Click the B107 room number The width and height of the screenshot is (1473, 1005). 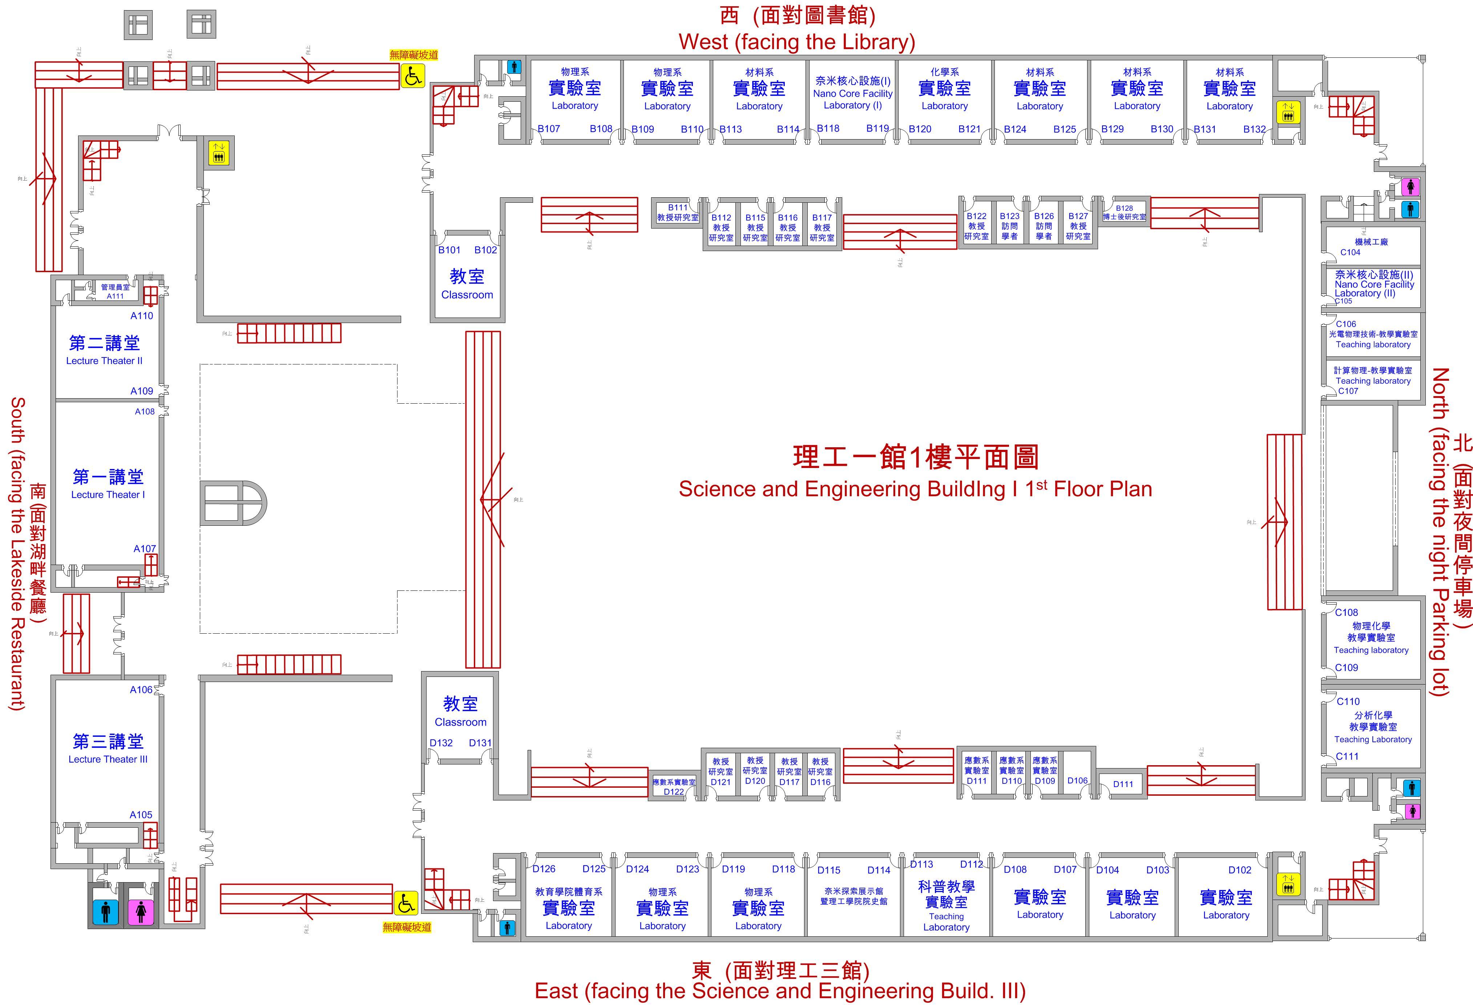click(x=549, y=129)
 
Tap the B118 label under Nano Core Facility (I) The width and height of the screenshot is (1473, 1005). click(x=828, y=128)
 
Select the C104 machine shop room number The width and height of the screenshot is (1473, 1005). click(x=1350, y=252)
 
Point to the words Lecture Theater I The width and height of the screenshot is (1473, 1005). click(x=108, y=495)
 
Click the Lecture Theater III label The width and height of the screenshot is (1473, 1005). click(x=108, y=759)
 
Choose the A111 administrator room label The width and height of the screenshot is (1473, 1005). click(x=115, y=296)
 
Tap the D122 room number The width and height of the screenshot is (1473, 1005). click(x=674, y=791)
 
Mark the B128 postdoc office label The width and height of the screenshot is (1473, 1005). click(x=1125, y=208)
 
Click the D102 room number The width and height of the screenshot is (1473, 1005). click(x=1240, y=870)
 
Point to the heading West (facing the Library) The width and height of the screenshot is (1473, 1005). click(x=797, y=42)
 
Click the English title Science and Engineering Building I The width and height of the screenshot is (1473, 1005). click(x=915, y=489)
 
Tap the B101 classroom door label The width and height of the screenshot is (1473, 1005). click(x=449, y=250)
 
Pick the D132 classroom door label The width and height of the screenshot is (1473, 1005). click(x=441, y=743)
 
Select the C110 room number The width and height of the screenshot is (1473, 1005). click(x=1348, y=702)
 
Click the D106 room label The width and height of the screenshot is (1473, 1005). click(x=1077, y=781)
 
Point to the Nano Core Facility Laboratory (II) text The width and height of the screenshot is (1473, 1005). click(x=1374, y=284)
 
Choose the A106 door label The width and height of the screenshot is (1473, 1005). click(x=141, y=689)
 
